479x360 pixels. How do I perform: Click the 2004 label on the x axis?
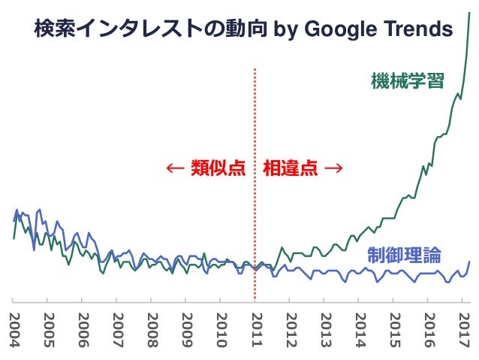tap(14, 330)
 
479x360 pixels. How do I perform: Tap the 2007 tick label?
tap(118, 330)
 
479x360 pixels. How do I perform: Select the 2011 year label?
tap(256, 330)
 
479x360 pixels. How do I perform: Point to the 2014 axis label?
tap(360, 330)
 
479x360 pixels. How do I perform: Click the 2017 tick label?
tap(464, 330)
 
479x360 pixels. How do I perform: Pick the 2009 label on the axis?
tap(187, 330)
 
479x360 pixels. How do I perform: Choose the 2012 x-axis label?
tap(291, 330)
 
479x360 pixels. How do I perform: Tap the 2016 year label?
tap(429, 330)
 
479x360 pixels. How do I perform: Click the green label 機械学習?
tap(408, 80)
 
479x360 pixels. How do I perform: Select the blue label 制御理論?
tap(404, 255)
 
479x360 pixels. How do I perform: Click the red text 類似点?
tap(218, 168)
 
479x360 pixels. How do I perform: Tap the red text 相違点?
tap(291, 168)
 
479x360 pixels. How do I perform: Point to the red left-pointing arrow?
tap(175, 168)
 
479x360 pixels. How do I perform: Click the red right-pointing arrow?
tap(333, 168)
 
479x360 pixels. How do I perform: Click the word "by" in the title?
tap(285, 30)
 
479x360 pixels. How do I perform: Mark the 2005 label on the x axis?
tap(49, 330)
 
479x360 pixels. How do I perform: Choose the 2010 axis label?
tap(221, 330)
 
